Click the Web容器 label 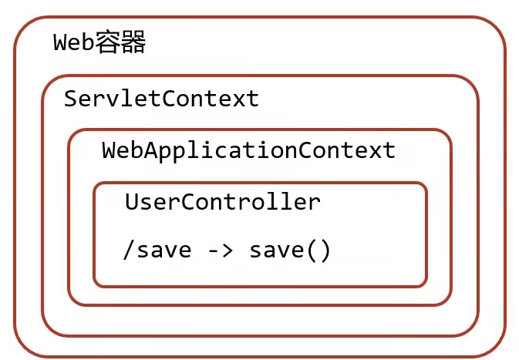coord(99,43)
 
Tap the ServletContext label coord(161,99)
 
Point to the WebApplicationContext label coord(248,150)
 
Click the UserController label coord(222,202)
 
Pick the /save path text coord(157,251)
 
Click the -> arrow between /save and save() coord(219,251)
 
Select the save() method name coord(289,251)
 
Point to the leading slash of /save coord(128,251)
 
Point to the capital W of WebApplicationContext coord(109,150)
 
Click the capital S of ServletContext coord(71,99)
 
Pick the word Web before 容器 coord(74,43)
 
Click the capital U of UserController coord(132,202)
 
